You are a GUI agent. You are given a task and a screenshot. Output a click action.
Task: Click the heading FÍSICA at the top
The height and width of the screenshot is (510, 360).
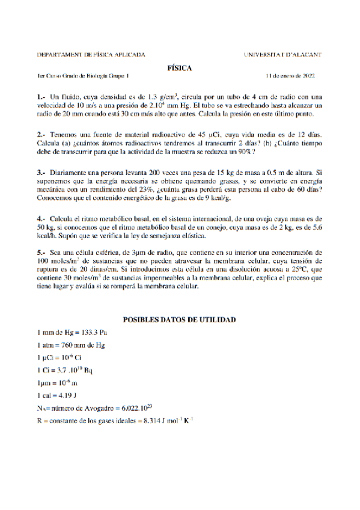(179, 69)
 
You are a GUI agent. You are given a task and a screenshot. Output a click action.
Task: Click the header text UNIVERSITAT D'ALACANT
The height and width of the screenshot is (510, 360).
(283, 55)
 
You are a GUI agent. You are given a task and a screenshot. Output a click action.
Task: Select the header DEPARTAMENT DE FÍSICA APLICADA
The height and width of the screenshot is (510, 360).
(91, 55)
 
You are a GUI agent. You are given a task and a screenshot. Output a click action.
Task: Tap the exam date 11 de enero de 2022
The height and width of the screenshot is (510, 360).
(290, 77)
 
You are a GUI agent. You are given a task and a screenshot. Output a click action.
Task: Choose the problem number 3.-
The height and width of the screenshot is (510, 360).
(41, 173)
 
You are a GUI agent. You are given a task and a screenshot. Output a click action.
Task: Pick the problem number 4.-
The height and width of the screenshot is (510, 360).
(41, 218)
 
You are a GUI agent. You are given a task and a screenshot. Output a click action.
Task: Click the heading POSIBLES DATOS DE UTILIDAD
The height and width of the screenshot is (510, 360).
(179, 320)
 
